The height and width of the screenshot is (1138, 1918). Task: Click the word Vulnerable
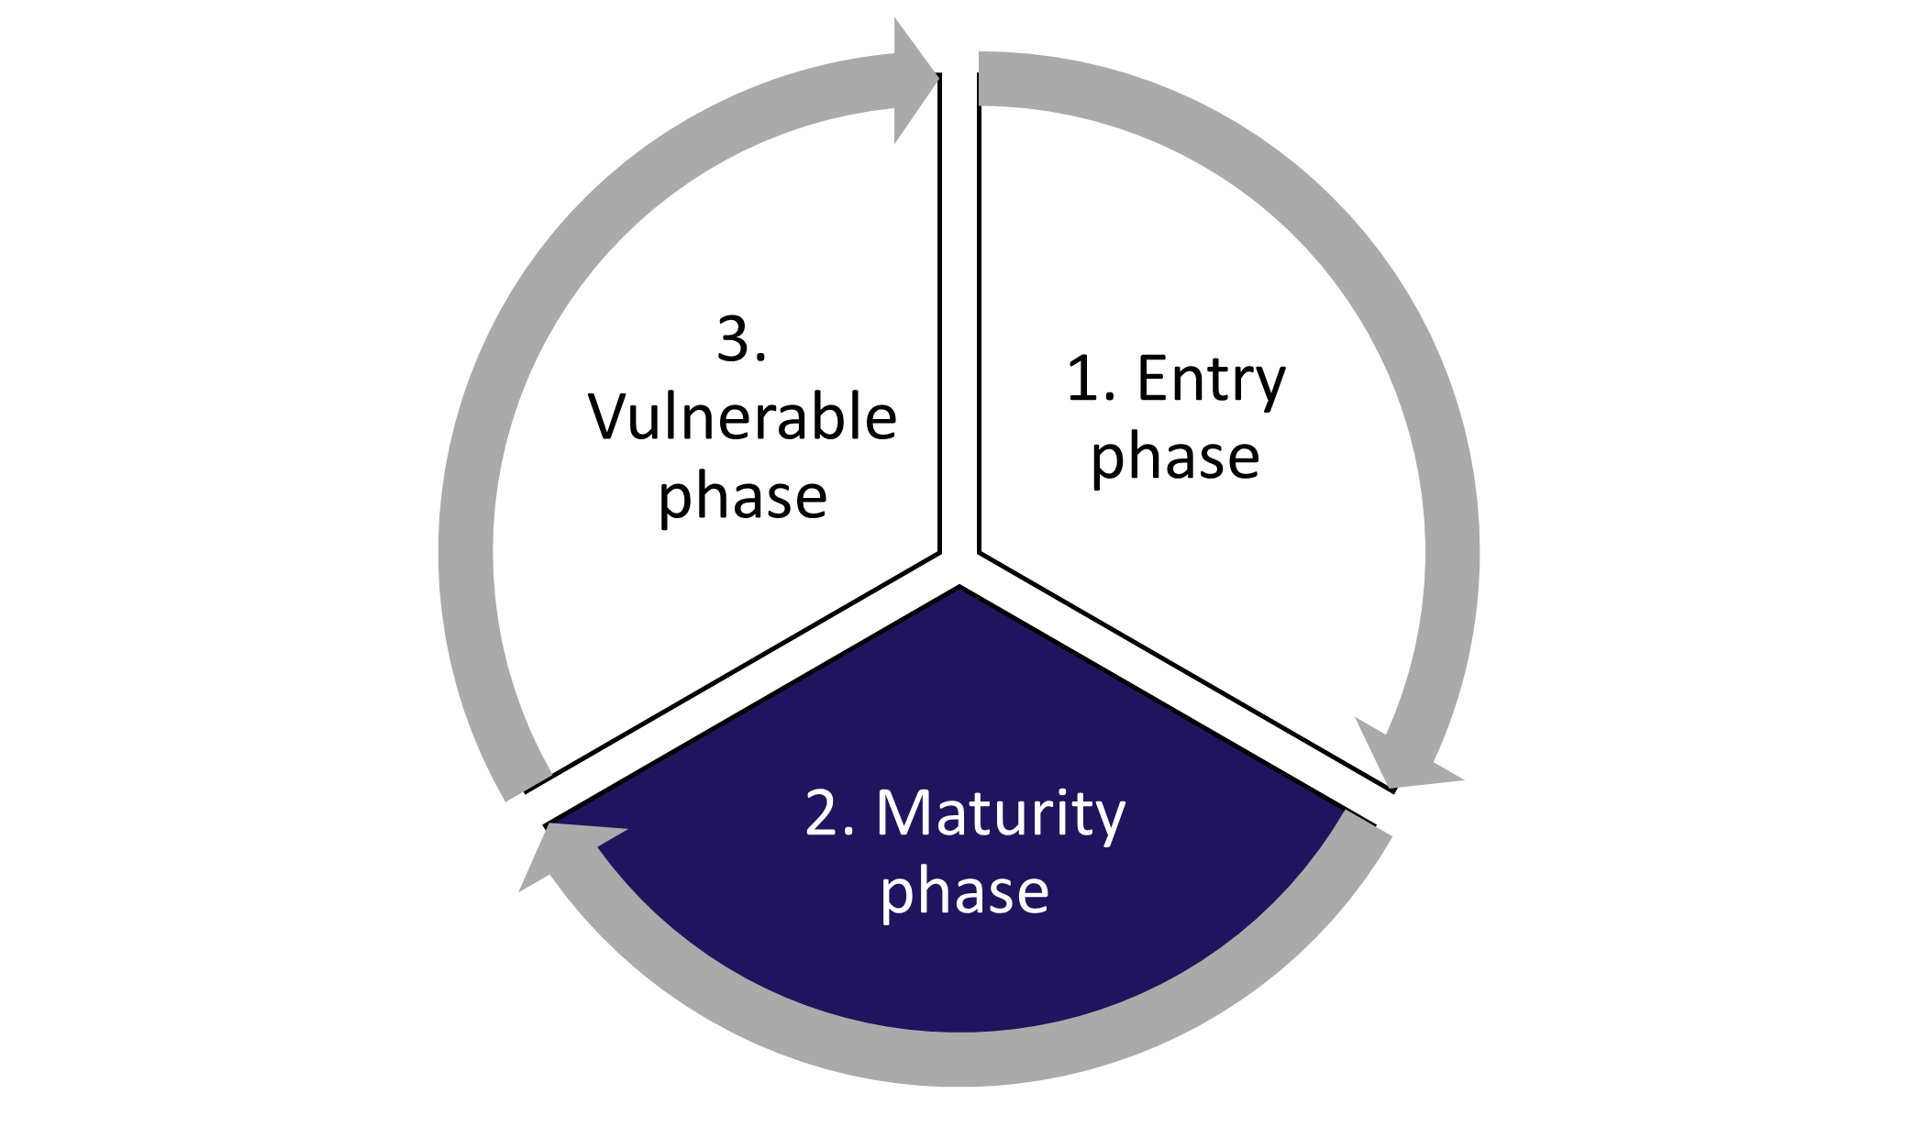click(x=742, y=418)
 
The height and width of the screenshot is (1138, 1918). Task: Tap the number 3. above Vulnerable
click(x=740, y=339)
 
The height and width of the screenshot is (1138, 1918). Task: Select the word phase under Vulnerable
click(x=743, y=497)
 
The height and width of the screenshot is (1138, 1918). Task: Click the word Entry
click(x=1211, y=380)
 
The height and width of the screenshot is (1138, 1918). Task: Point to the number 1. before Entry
click(x=1091, y=379)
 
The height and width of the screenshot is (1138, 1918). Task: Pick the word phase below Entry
click(x=1175, y=457)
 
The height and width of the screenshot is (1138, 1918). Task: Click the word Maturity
click(x=1000, y=813)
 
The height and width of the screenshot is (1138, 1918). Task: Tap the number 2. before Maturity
click(x=829, y=813)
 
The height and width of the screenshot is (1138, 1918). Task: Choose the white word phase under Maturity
click(x=964, y=892)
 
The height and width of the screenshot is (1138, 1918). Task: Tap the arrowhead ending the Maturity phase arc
click(x=560, y=848)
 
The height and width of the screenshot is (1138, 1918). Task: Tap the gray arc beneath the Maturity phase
click(x=959, y=1058)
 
